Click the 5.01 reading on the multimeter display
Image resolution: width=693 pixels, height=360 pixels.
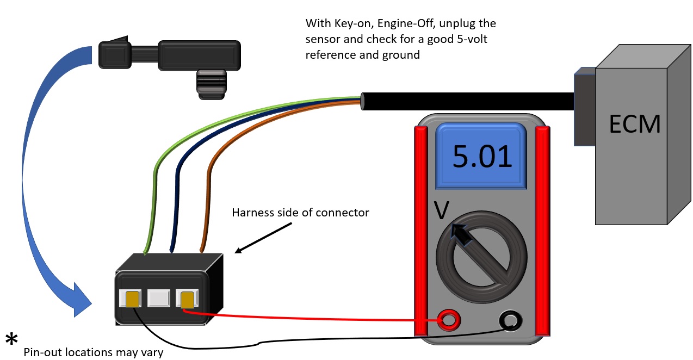click(x=482, y=156)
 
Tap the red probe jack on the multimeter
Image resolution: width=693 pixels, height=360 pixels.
click(x=448, y=321)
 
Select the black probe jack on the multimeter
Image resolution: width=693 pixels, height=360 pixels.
click(x=511, y=321)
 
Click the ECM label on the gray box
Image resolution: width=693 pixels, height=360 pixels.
click(x=635, y=125)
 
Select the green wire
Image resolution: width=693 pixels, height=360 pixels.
click(x=154, y=179)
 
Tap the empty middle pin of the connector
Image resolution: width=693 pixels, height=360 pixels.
click(x=158, y=299)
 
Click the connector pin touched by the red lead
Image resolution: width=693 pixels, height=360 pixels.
click(x=187, y=299)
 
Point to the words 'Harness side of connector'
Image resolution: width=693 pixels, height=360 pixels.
click(x=300, y=213)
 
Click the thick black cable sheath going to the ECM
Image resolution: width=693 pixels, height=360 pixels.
click(x=468, y=102)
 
